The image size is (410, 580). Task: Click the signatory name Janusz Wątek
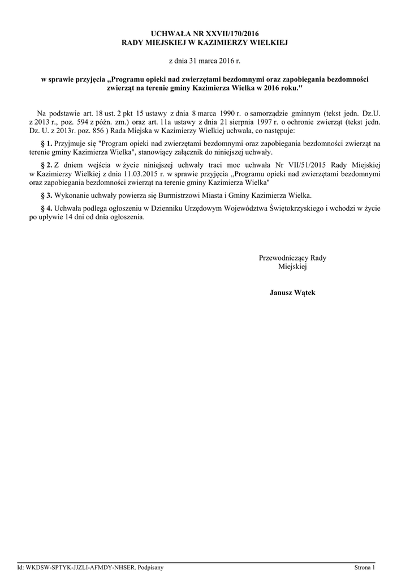point(292,293)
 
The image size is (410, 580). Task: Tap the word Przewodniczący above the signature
point(284,258)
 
